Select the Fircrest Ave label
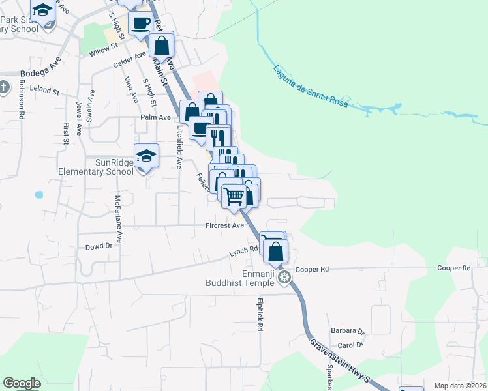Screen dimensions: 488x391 pos(224,225)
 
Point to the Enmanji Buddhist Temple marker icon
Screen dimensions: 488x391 pos(284,278)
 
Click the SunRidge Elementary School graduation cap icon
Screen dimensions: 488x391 pos(147,156)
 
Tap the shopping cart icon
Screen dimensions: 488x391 pos(234,195)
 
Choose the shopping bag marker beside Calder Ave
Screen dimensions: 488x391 pos(161,46)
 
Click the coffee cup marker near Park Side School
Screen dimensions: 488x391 pos(140,23)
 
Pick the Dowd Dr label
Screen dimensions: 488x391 pos(99,247)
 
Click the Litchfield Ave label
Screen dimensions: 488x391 pos(178,147)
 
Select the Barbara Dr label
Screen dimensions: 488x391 pos(346,330)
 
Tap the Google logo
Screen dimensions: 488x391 pos(22,383)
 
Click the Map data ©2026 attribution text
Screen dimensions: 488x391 pos(460,386)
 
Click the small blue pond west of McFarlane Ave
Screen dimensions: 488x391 pos(38,194)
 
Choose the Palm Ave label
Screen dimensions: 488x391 pos(155,117)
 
